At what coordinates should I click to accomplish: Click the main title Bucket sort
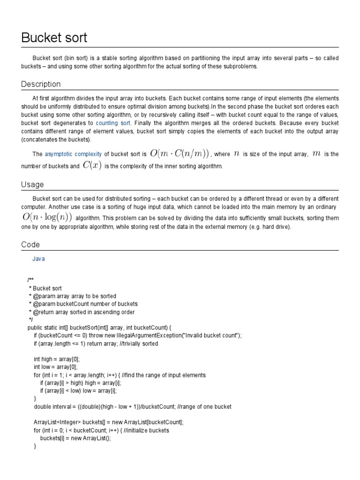pos(54,37)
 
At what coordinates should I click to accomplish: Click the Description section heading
pos(41,84)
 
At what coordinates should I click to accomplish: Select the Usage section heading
pos(32,185)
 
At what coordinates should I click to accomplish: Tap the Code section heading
pos(30,245)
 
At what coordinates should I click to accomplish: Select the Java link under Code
pos(38,259)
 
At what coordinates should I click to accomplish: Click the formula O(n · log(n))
pos(47,217)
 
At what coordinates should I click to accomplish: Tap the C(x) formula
pos(92,165)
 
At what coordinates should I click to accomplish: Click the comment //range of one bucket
pos(204,407)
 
